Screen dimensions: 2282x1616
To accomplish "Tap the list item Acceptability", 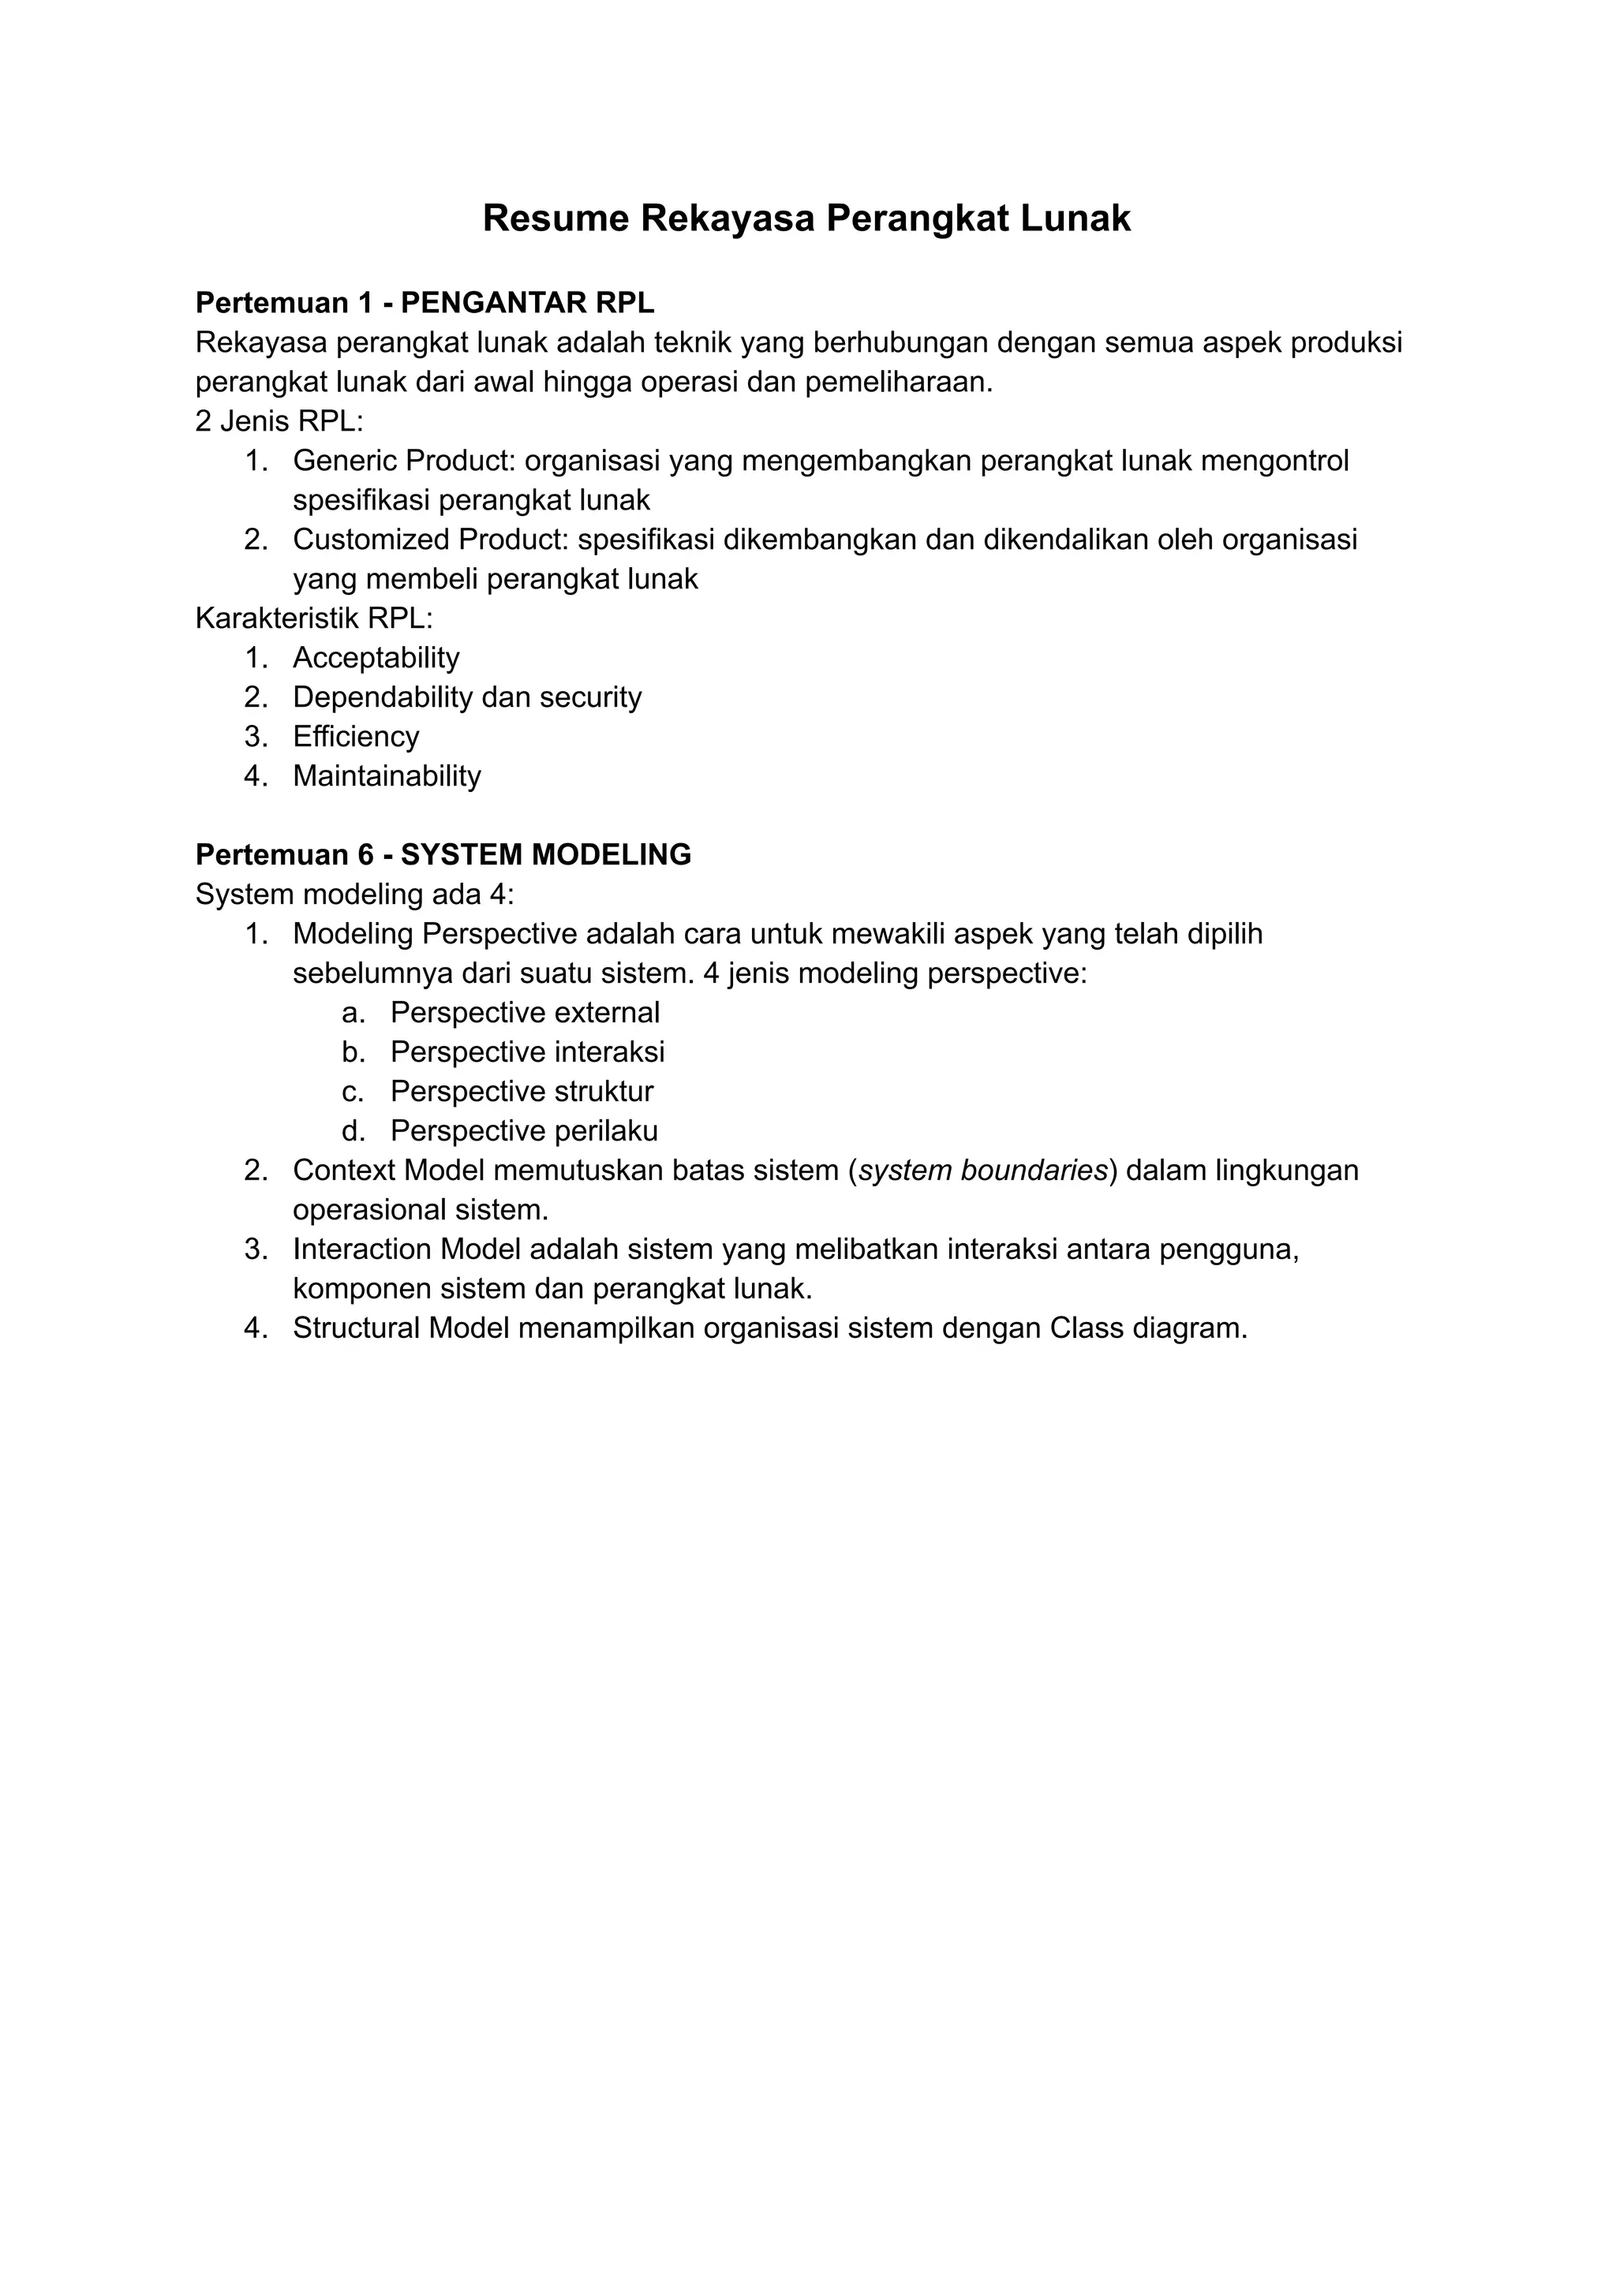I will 376,658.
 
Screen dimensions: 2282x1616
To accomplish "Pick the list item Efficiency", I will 356,736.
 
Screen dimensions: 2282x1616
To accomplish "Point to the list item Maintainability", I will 387,776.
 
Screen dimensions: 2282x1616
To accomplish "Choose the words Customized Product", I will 430,540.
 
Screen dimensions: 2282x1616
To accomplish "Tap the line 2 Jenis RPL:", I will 279,422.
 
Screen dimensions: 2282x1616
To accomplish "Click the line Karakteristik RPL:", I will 315,618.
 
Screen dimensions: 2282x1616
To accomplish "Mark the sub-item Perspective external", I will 525,1013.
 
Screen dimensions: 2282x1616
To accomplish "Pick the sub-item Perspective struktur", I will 522,1091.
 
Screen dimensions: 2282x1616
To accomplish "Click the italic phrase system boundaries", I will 983,1171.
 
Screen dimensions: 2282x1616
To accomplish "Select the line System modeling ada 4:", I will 354,894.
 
